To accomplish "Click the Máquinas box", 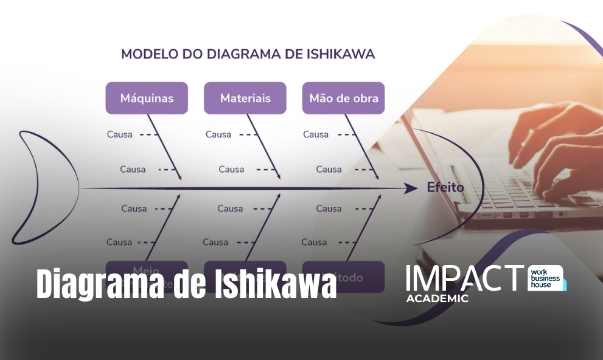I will (147, 98).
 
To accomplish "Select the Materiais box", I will (245, 98).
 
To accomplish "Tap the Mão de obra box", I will (343, 98).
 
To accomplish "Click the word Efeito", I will (445, 187).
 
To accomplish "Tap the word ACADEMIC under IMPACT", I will (437, 299).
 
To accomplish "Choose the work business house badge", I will (546, 278).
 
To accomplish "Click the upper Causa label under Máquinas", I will (119, 134).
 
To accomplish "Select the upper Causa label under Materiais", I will (218, 134).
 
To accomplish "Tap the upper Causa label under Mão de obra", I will (316, 134).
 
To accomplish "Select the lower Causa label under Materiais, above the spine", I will (232, 169).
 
